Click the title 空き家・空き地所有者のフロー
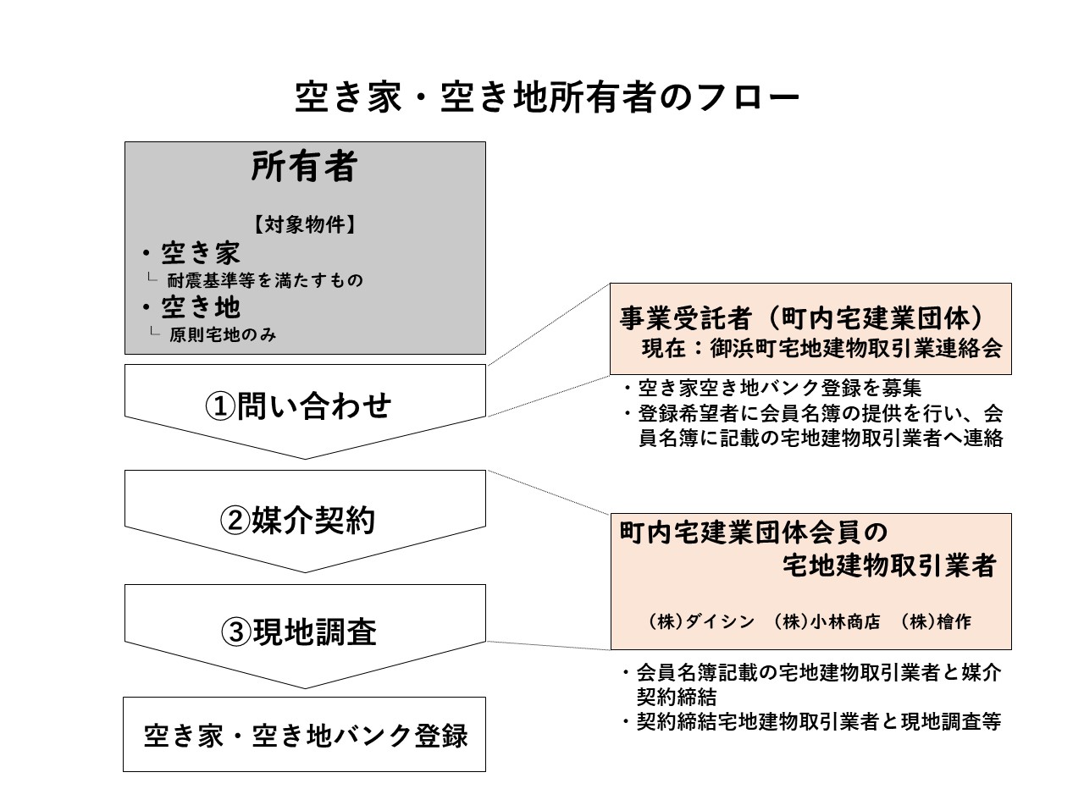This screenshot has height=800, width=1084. tap(546, 97)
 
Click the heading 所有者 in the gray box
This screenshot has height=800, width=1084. tap(304, 166)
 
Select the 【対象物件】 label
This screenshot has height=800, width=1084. tap(305, 224)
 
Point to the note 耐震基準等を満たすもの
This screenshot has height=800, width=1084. tap(265, 280)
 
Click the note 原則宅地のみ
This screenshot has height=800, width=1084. tap(223, 334)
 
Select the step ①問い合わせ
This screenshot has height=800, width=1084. tap(298, 406)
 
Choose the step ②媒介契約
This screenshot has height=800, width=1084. tap(297, 520)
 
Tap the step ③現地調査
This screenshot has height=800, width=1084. tap(299, 632)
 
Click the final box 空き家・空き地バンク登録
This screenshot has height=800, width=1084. tap(306, 736)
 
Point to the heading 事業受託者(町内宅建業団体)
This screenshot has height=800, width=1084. tap(801, 318)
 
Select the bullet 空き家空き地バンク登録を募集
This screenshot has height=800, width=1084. tap(772, 388)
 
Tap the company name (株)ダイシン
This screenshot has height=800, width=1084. tap(702, 621)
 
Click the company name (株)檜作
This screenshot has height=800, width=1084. tap(936, 621)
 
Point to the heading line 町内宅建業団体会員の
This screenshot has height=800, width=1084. tap(753, 532)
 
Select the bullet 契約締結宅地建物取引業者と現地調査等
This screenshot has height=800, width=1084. tap(812, 721)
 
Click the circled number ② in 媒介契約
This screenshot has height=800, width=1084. tap(235, 521)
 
